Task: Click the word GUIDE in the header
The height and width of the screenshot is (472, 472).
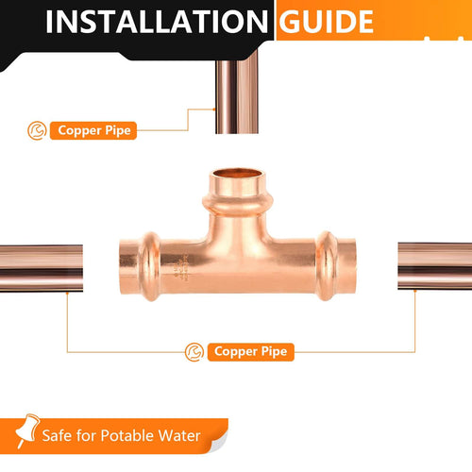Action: point(326,22)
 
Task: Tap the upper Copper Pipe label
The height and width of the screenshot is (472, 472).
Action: point(93,130)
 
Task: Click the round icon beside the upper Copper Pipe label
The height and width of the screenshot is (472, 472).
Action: point(36,129)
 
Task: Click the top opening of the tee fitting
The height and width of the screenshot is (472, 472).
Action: point(236,177)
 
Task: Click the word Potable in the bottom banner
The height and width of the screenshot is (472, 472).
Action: point(120,436)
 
